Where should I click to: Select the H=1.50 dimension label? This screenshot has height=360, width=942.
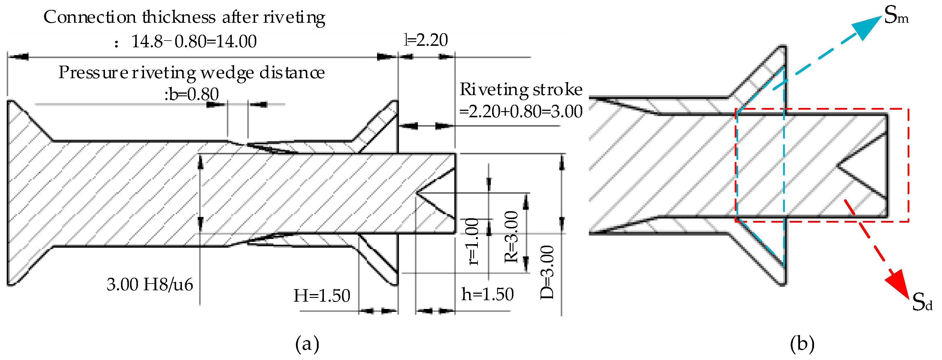point(322,296)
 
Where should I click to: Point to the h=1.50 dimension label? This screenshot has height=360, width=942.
point(487,294)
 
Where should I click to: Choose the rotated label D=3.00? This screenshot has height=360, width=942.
point(547,272)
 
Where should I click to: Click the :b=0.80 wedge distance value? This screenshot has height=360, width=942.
point(192,95)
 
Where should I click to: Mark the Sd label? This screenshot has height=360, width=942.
point(922,302)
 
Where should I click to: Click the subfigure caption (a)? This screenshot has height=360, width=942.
point(307,344)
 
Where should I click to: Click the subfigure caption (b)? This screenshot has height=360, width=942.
point(802,344)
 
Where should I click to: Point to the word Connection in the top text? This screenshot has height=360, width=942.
point(90,17)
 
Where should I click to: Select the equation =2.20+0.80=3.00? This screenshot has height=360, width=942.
point(521,111)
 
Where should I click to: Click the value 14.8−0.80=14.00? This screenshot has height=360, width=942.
point(194,41)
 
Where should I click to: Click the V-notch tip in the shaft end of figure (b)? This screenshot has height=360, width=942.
point(838,166)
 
